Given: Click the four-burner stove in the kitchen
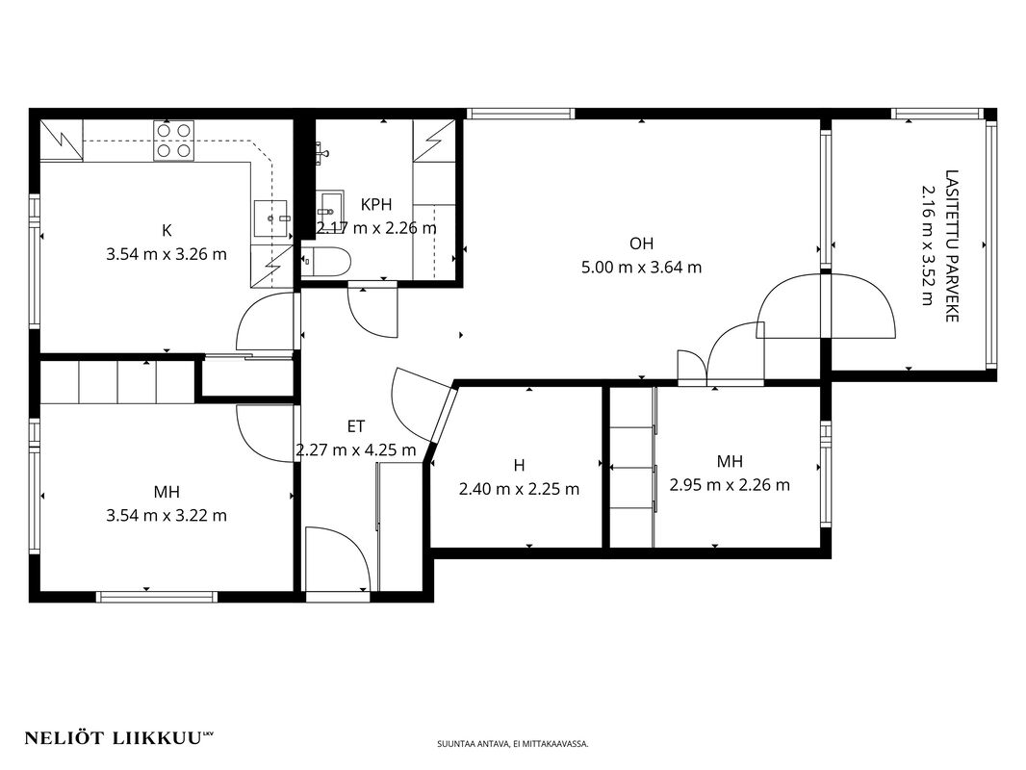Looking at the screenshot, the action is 173,141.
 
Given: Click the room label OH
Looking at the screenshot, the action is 641,244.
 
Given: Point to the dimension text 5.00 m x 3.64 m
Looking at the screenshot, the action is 641,267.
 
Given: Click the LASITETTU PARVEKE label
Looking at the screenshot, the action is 952,246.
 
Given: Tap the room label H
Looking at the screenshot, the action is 519,465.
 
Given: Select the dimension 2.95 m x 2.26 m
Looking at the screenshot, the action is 730,485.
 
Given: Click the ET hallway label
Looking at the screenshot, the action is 356,426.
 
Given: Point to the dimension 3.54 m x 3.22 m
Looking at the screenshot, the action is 167,516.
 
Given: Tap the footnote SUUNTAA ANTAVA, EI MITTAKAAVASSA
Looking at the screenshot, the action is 512,744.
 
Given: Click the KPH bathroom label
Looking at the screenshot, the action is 376,204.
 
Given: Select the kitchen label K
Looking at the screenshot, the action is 167,230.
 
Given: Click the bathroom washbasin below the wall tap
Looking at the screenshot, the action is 330,207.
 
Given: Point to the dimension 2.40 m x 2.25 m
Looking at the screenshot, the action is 519,489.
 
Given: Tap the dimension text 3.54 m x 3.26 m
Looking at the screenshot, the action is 167,254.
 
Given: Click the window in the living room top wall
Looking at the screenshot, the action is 521,114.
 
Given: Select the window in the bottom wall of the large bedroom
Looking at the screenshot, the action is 157,597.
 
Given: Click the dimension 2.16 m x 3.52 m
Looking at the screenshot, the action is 929,246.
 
